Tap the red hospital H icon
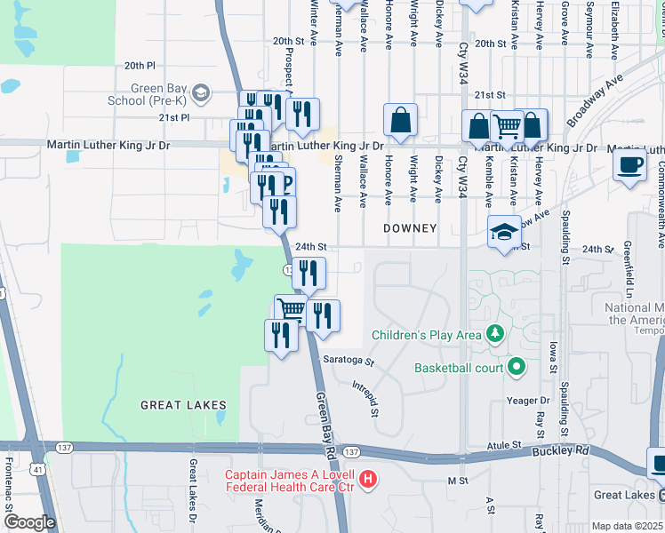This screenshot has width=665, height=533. tap(369, 481)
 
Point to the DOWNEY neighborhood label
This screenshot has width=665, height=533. tap(410, 228)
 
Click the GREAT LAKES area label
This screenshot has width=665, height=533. tap(183, 405)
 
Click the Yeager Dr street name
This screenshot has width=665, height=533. tap(528, 401)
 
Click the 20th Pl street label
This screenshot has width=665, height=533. tap(140, 66)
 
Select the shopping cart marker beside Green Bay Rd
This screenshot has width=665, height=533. tap(290, 310)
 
